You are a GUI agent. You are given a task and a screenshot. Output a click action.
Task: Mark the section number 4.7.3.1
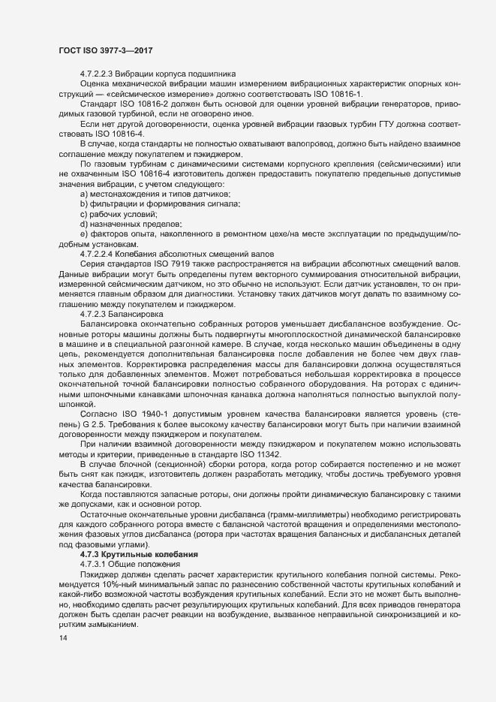(x=95, y=563)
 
